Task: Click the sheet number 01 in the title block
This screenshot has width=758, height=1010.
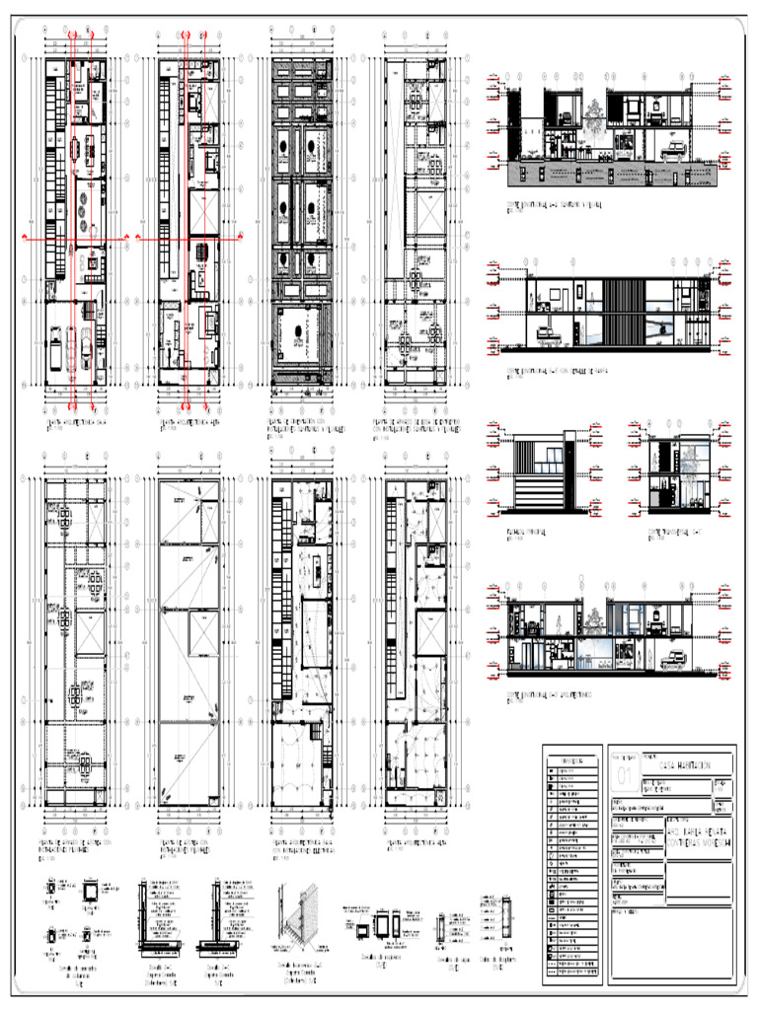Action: (625, 776)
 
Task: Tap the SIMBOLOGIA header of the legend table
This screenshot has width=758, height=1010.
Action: (571, 760)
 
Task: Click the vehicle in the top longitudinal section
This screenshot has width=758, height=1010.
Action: (674, 148)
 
